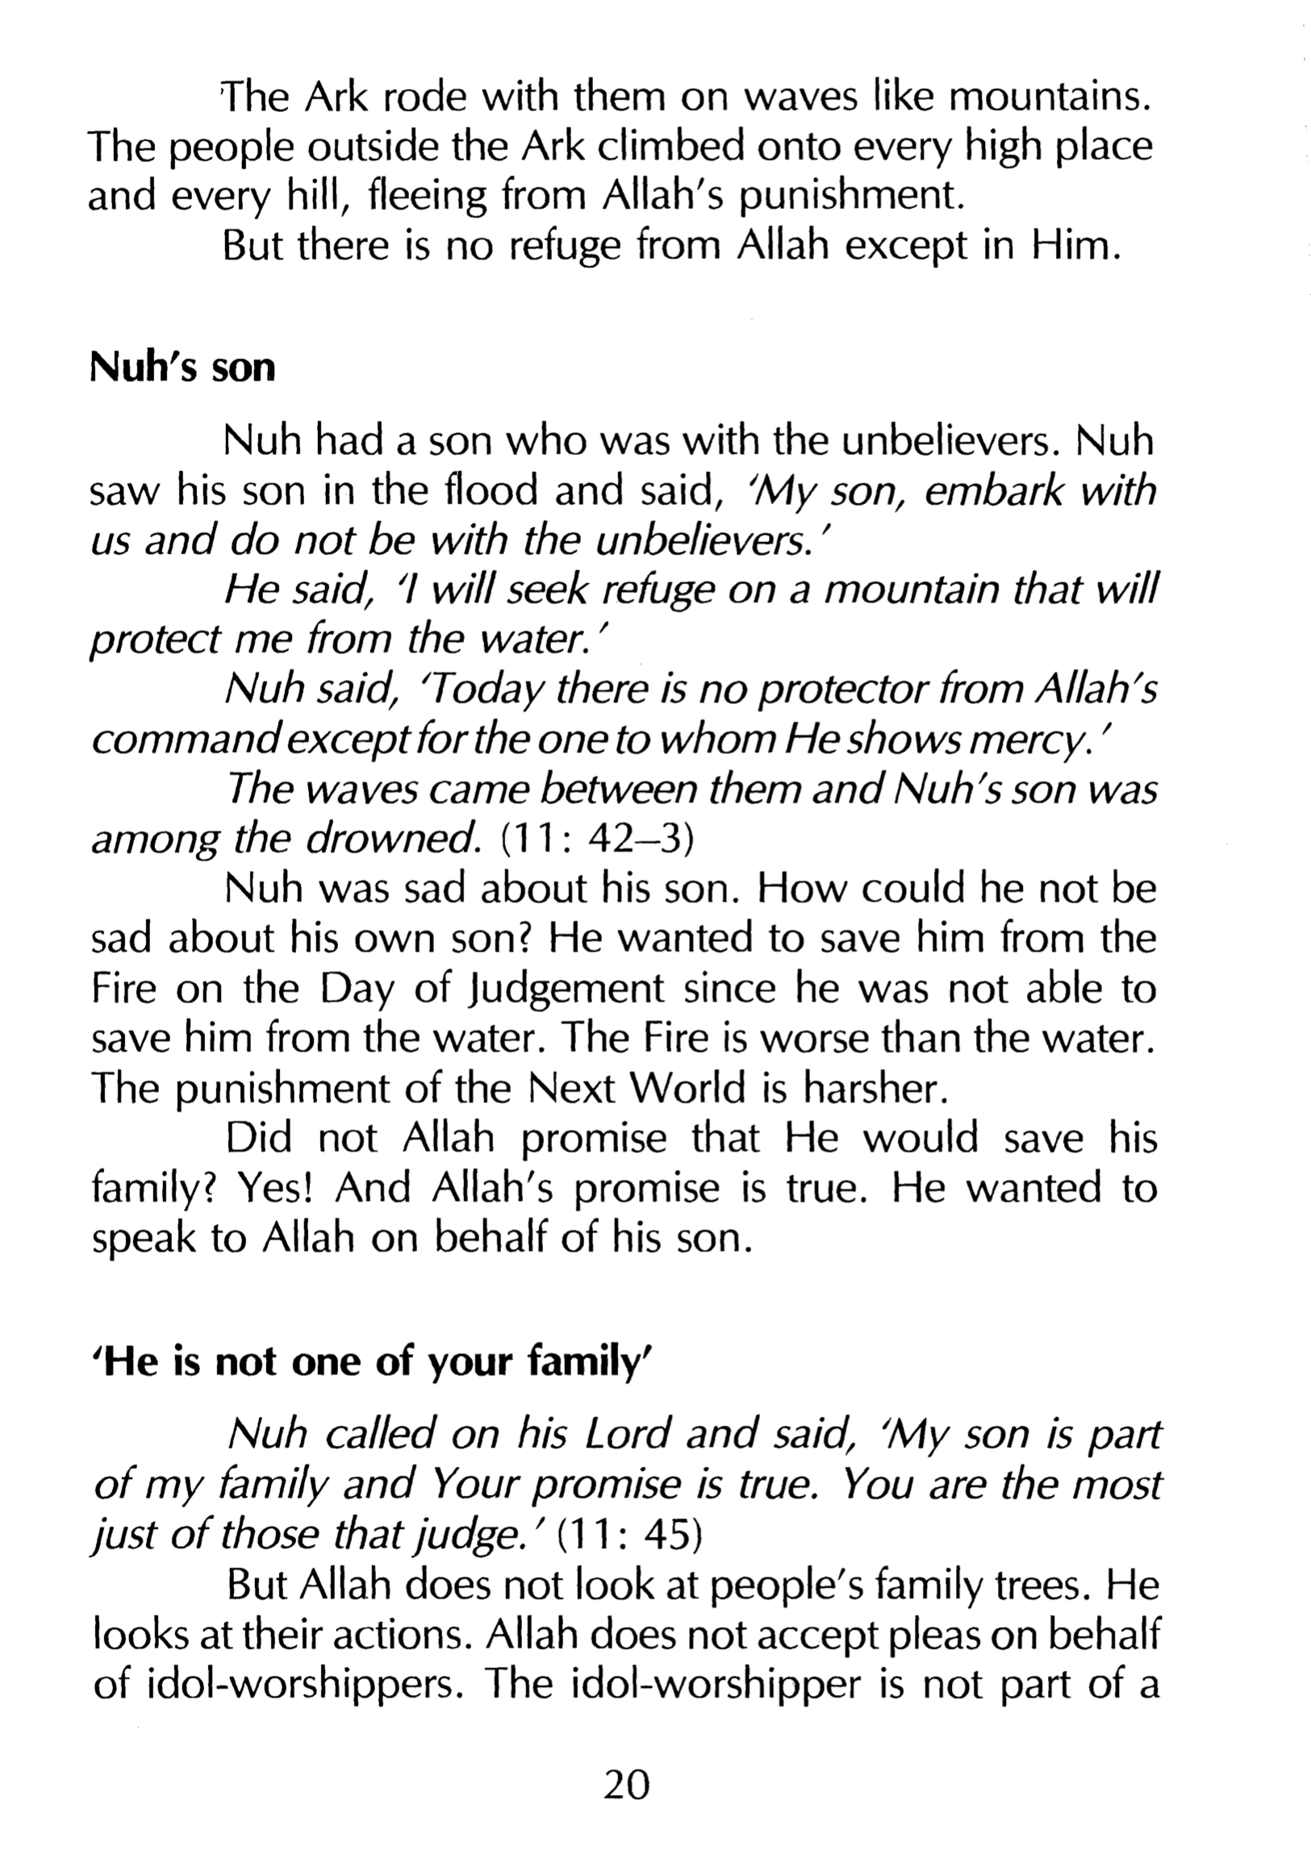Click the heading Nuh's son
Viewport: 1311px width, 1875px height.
click(182, 369)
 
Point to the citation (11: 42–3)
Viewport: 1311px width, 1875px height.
click(595, 840)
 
